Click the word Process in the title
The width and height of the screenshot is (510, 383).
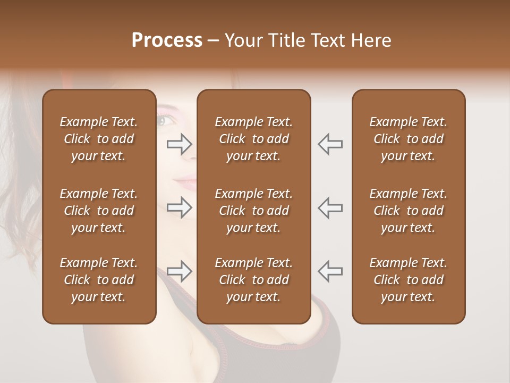point(167,40)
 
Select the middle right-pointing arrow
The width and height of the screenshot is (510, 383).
point(180,207)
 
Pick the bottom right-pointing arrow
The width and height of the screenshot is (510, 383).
point(180,271)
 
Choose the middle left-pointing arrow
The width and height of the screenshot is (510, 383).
point(330,207)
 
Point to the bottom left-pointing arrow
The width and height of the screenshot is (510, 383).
point(330,271)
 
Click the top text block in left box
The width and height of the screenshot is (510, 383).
point(99,139)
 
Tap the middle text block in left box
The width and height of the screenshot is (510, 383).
point(99,211)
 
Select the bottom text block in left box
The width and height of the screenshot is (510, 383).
point(99,280)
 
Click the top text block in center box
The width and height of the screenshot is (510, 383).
point(253,139)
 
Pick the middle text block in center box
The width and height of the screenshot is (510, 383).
point(253,211)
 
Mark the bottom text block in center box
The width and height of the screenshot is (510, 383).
point(253,280)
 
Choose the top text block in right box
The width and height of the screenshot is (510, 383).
point(408,139)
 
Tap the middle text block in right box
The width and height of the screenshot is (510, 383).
point(408,211)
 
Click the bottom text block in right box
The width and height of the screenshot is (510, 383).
point(408,280)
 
